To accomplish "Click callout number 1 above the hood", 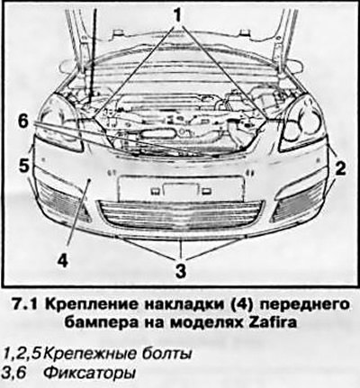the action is (x=177, y=14).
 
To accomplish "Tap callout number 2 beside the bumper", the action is (x=340, y=168).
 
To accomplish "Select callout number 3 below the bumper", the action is (x=180, y=270).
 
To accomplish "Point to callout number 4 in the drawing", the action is (x=63, y=260).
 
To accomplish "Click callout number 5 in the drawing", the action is (x=24, y=166).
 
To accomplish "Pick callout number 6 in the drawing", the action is (x=23, y=123).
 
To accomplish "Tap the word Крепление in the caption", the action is (x=92, y=305).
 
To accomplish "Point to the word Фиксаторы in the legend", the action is (x=89, y=374).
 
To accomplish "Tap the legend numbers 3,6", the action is (x=14, y=374).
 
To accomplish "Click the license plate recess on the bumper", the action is (x=181, y=189).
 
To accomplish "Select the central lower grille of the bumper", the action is (x=181, y=216).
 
